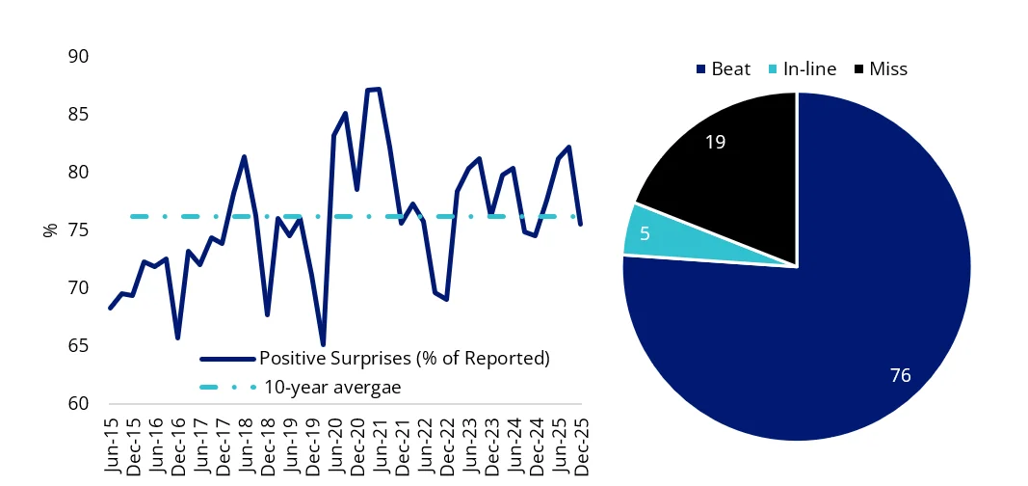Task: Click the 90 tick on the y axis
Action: pyautogui.click(x=76, y=57)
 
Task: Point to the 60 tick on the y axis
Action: pyautogui.click(x=76, y=404)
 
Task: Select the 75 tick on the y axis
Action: pyautogui.click(x=76, y=230)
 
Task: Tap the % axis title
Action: pyautogui.click(x=50, y=230)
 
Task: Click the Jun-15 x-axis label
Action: pyautogui.click(x=111, y=446)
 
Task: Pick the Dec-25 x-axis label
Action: pyautogui.click(x=581, y=446)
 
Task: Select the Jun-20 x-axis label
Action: pyautogui.click(x=335, y=446)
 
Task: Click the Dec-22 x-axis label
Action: pyautogui.click(x=447, y=446)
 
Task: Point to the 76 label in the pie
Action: pyautogui.click(x=901, y=375)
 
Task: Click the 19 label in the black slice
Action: pyautogui.click(x=714, y=142)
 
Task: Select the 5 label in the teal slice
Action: pyautogui.click(x=644, y=233)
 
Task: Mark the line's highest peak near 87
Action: pyautogui.click(x=379, y=89)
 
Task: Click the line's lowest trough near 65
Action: pyautogui.click(x=323, y=344)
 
